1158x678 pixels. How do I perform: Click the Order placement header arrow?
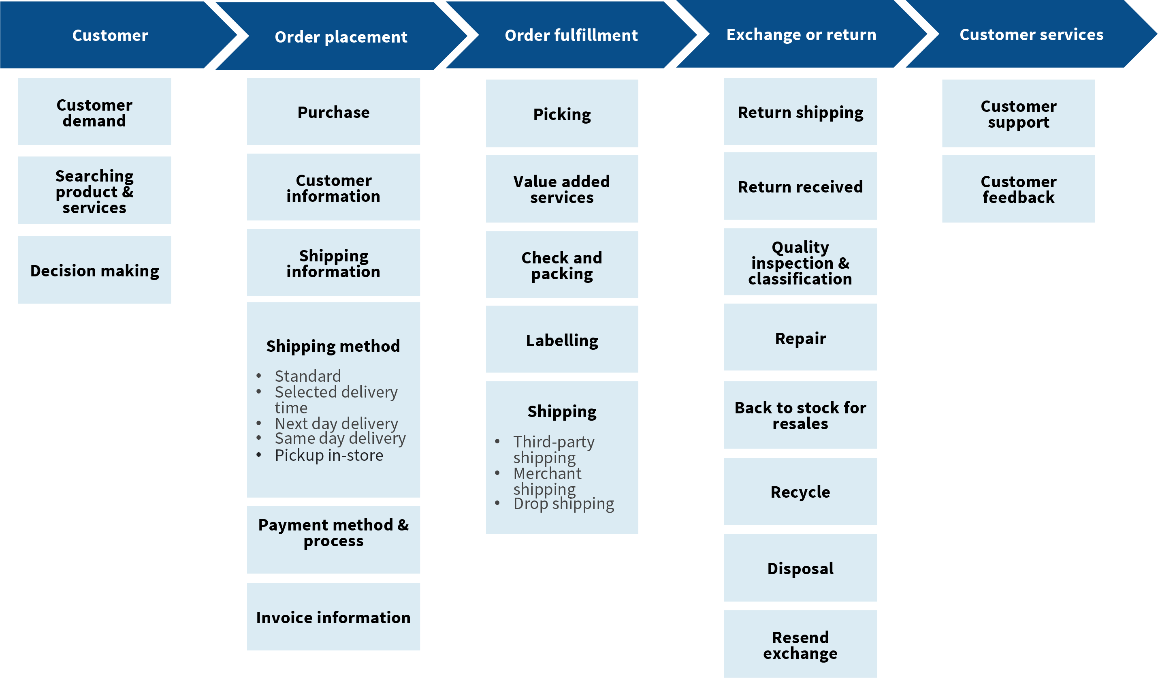(x=341, y=36)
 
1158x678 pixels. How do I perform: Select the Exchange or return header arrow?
(x=801, y=34)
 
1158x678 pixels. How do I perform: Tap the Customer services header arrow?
(x=1031, y=34)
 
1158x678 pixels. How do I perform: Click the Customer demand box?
(x=95, y=112)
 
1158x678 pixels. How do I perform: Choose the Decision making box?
(x=95, y=270)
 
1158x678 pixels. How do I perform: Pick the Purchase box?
(x=334, y=112)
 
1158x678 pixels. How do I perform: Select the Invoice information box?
(x=334, y=617)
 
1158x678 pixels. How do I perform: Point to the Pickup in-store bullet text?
(x=329, y=455)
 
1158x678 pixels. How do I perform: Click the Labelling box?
(x=562, y=340)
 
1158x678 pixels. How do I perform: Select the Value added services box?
(x=562, y=189)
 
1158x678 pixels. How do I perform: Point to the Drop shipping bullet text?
(x=563, y=503)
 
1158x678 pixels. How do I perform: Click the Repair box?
(x=800, y=338)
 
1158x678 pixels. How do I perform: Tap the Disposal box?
(x=800, y=568)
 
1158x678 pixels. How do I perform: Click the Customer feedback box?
(x=1018, y=189)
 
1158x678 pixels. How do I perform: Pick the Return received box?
(x=800, y=187)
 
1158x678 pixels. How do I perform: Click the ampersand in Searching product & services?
(x=128, y=192)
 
